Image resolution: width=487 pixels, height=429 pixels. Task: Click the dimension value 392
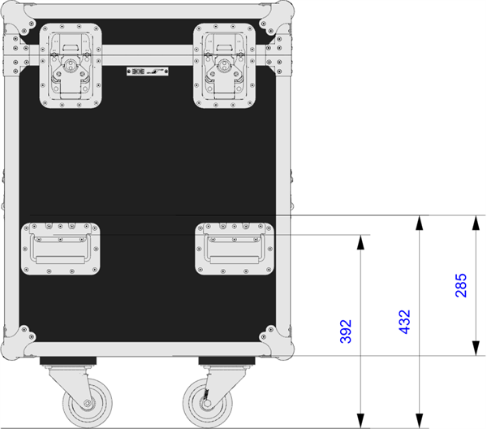346,331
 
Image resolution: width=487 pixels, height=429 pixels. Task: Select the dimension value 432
404,322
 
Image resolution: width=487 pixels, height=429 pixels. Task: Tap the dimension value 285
461,285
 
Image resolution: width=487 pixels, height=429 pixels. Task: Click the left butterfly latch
71,66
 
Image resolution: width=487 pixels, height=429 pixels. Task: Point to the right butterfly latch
224,66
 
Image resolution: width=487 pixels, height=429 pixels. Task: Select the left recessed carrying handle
61,249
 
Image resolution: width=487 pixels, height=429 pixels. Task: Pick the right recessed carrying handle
235,249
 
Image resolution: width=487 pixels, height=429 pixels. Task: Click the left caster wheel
88,404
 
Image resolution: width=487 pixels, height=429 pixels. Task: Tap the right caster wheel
208,404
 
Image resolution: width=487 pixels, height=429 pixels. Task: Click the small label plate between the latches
148,71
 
